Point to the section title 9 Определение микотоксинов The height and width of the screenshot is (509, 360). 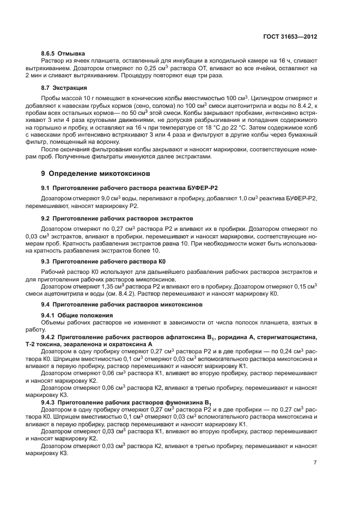tap(94, 173)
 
